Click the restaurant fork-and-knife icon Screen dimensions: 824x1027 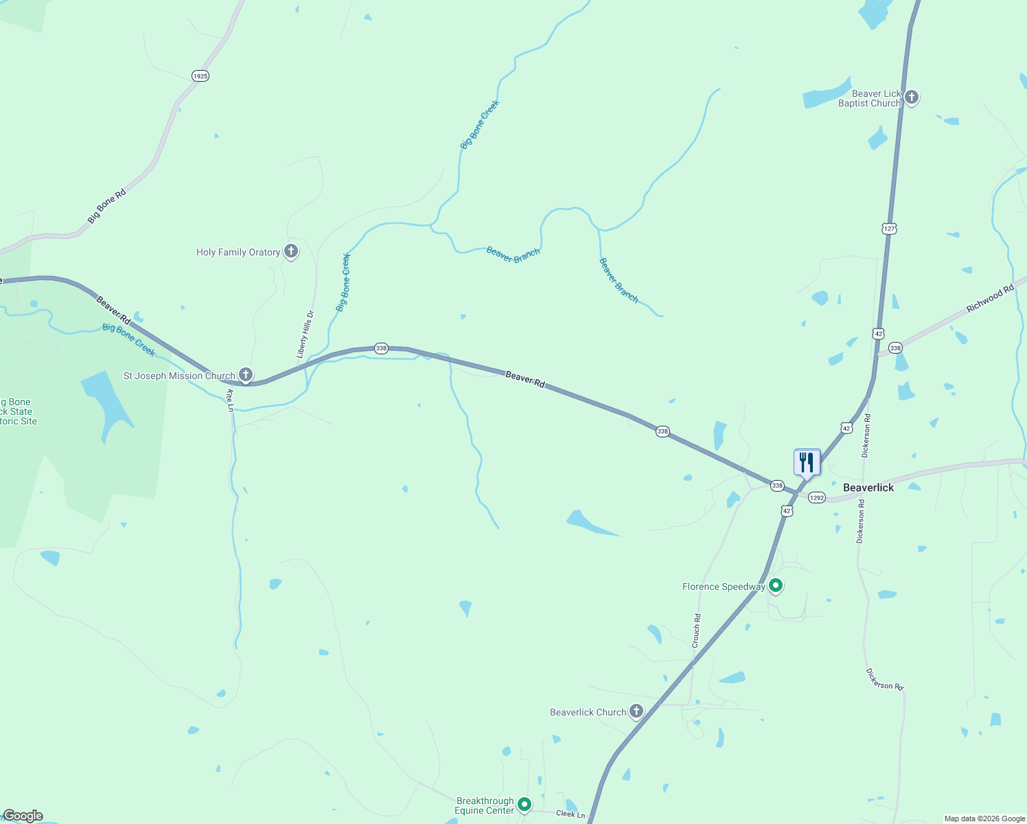(807, 462)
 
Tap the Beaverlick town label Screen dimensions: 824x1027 (868, 488)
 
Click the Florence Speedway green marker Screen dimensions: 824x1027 (776, 586)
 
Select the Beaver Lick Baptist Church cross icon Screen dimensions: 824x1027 (912, 98)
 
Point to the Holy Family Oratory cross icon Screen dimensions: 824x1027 (291, 251)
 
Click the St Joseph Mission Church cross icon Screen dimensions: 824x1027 (246, 375)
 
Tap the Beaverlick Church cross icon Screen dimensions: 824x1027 (636, 711)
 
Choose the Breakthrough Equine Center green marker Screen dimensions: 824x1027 (524, 804)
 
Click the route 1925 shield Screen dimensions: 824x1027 (200, 76)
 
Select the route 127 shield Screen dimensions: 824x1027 (890, 228)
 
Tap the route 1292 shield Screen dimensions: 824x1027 (816, 497)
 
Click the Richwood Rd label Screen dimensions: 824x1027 (990, 299)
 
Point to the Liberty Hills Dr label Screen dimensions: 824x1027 (305, 334)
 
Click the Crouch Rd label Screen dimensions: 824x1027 (696, 630)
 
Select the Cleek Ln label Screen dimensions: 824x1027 (570, 814)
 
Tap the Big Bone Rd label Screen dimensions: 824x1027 (107, 206)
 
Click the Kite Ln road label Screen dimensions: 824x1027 (231, 400)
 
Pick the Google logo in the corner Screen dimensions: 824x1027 (23, 816)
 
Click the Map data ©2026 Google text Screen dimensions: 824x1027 (984, 819)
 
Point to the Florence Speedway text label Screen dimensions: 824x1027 (724, 586)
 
